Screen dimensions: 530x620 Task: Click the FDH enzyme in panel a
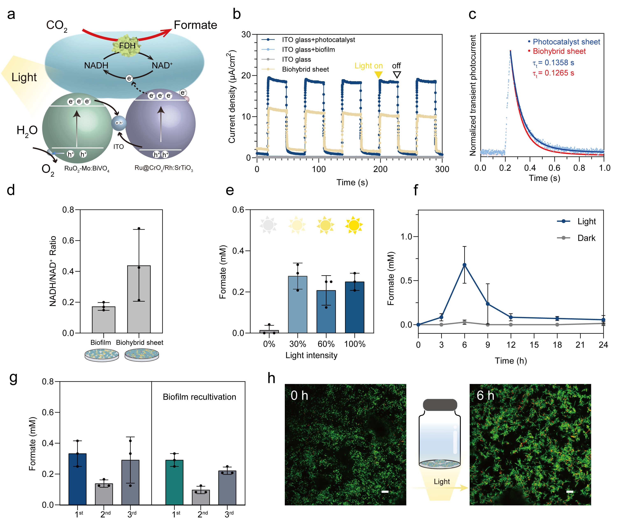(x=127, y=46)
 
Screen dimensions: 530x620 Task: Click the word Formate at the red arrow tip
(x=195, y=25)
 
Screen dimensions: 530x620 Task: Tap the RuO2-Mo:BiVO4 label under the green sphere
(x=87, y=169)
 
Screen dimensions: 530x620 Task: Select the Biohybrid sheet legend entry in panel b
(x=305, y=69)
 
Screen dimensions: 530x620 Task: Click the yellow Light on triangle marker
(x=379, y=75)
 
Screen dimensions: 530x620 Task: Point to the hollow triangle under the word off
(x=397, y=75)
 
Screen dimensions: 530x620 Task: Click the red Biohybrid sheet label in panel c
(x=559, y=51)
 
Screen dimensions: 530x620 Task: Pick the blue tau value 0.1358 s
(x=554, y=63)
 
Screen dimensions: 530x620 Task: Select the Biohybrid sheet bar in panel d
(x=139, y=299)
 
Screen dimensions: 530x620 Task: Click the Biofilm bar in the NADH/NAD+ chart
(x=104, y=319)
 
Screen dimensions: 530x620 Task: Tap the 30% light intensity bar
(x=297, y=304)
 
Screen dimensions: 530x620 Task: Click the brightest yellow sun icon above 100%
(x=354, y=225)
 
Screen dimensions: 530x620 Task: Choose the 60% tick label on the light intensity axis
(x=326, y=344)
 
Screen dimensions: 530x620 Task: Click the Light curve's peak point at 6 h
(x=464, y=265)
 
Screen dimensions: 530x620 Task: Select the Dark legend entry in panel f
(x=586, y=238)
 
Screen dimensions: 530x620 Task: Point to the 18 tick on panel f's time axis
(x=557, y=345)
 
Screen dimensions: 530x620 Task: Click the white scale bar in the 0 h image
(x=385, y=491)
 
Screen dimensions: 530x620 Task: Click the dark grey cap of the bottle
(x=440, y=405)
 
